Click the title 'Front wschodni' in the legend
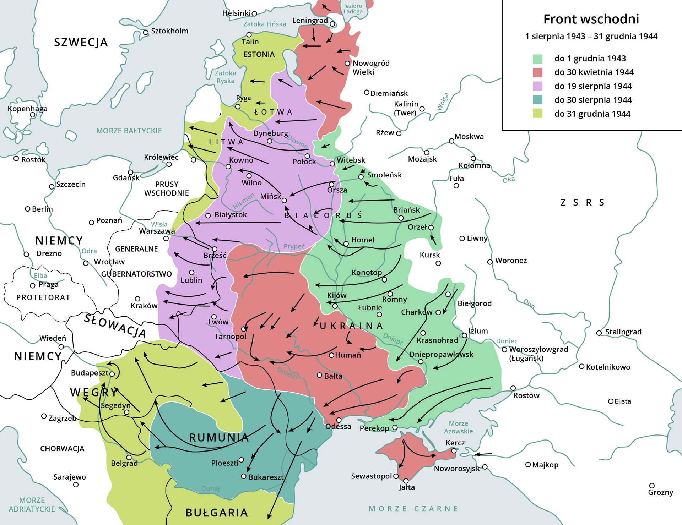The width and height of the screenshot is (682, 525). [x=591, y=19]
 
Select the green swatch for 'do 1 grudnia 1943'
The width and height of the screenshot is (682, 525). [x=538, y=59]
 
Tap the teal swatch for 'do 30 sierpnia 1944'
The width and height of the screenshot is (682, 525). [x=538, y=100]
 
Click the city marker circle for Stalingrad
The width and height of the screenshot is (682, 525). [x=599, y=333]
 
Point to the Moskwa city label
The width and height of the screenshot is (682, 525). [x=469, y=137]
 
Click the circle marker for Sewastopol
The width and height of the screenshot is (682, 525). [x=396, y=476]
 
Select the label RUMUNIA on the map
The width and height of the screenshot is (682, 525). [x=219, y=438]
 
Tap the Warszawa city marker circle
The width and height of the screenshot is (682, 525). [x=166, y=239]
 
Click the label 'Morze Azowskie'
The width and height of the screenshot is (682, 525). [x=458, y=427]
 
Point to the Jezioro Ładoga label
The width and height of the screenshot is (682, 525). [x=353, y=9]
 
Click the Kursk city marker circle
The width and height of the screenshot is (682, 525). [x=438, y=263]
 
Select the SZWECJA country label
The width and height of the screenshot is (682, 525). [x=81, y=42]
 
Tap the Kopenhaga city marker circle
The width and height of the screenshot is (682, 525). [x=32, y=115]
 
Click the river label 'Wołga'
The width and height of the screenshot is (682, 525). [x=443, y=102]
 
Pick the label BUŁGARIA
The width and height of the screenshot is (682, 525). [x=217, y=513]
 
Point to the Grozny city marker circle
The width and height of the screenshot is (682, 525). [x=652, y=485]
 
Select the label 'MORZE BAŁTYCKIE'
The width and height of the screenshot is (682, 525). [x=129, y=131]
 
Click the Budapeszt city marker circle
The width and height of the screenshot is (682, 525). [x=112, y=374]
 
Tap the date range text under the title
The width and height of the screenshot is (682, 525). [x=591, y=37]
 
